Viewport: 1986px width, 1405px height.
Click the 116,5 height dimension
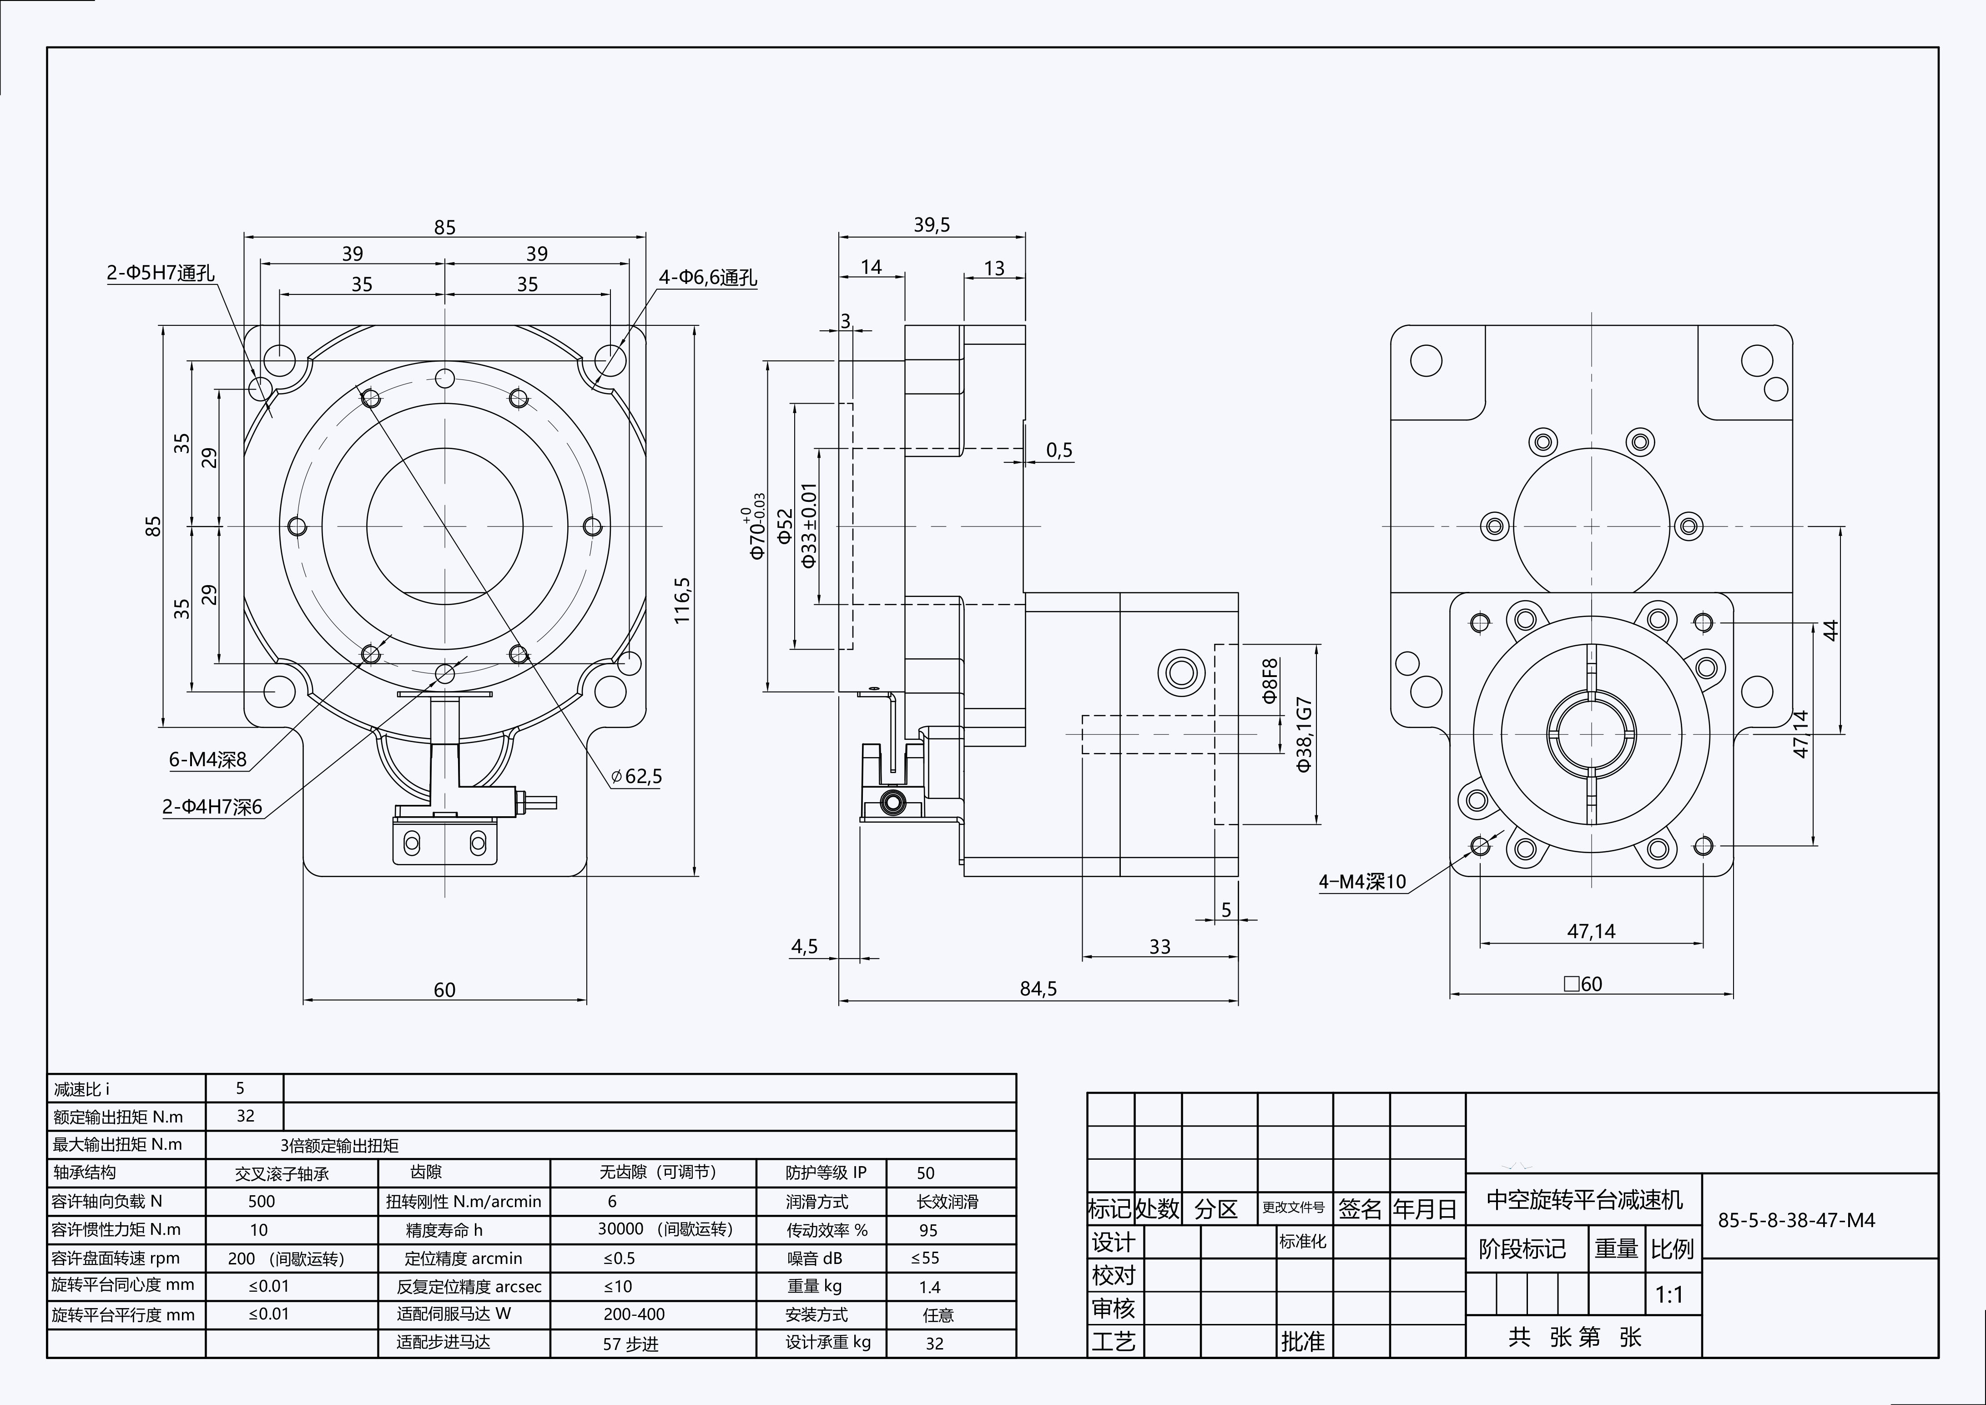coord(682,601)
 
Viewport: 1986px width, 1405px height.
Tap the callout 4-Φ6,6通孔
coord(707,278)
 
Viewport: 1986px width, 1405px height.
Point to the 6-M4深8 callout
coord(207,759)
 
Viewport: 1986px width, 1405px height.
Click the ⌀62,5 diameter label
coord(637,776)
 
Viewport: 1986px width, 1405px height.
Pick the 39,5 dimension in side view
coord(932,225)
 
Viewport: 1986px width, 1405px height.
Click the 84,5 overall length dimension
coord(1038,988)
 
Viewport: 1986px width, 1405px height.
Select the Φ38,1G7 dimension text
coord(1305,733)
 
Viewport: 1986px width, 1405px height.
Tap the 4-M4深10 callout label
coord(1362,882)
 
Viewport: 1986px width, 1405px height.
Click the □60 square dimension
coord(1583,984)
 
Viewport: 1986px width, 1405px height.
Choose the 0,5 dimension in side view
coord(1059,450)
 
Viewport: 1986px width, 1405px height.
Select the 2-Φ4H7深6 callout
coord(212,807)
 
